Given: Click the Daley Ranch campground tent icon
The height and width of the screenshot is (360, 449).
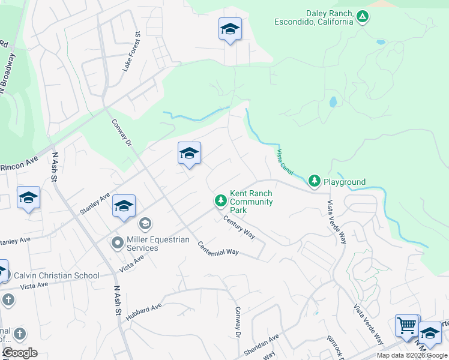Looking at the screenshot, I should pyautogui.click(x=363, y=17).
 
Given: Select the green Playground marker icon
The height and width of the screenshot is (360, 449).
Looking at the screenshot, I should pyautogui.click(x=314, y=180).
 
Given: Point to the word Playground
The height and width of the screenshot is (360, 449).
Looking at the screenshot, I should pyautogui.click(x=345, y=182).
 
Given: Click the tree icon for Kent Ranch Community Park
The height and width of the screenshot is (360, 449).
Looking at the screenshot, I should pyautogui.click(x=220, y=200).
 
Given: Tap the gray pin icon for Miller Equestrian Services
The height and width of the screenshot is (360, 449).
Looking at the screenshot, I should pyautogui.click(x=118, y=243).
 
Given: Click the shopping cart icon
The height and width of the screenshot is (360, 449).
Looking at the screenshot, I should pyautogui.click(x=406, y=326).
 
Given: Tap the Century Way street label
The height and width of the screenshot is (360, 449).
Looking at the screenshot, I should pyautogui.click(x=240, y=227).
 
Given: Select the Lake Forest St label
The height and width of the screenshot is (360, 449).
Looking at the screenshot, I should pyautogui.click(x=131, y=52).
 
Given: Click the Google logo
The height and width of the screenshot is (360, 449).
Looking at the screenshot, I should pyautogui.click(x=20, y=353).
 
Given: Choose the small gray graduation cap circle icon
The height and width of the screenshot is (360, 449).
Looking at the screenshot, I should pyautogui.click(x=145, y=224).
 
